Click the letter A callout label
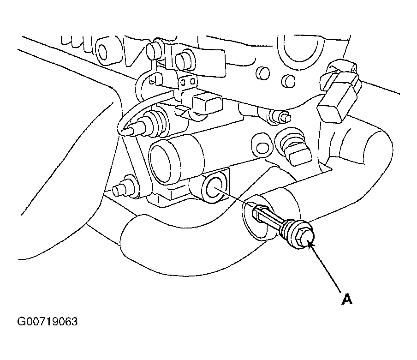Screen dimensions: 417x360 [347, 299]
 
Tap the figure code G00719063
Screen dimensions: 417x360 [48, 322]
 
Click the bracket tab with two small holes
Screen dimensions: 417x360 [188, 81]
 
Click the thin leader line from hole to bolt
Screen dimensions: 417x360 [233, 197]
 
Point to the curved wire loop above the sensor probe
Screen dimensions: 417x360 [138, 107]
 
